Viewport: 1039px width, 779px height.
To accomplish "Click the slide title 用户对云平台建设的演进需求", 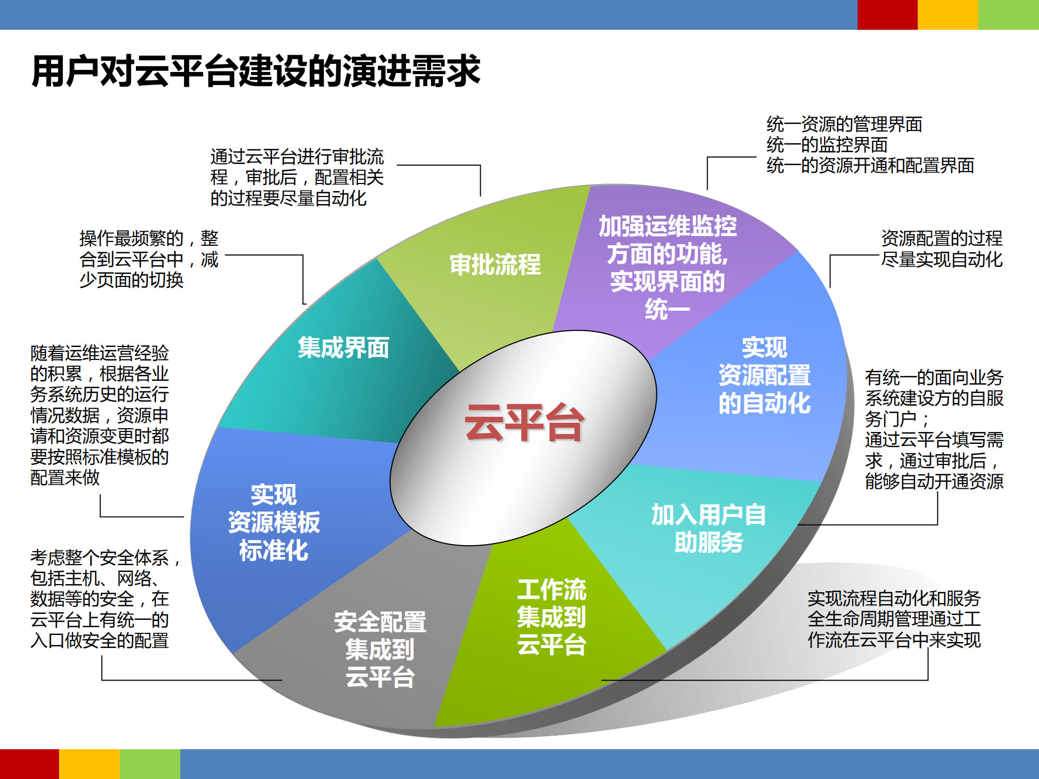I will coord(256,71).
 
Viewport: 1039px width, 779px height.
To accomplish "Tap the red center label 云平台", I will coord(524,422).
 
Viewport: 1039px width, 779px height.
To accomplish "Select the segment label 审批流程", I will coord(495,265).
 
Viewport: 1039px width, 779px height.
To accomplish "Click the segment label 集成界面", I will coord(343,348).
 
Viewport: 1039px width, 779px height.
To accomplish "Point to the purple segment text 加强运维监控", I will coord(667,226).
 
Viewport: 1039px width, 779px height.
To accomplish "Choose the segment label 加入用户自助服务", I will coord(708,528).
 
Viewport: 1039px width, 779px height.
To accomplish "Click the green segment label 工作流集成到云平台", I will coord(551,617).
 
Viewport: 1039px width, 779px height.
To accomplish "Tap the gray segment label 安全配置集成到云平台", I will coord(380,649).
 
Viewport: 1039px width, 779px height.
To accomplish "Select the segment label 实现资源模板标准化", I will coord(273,522).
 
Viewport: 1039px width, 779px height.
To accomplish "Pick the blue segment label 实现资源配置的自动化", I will coord(764,375).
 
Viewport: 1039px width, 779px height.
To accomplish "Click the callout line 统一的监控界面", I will coord(827,145).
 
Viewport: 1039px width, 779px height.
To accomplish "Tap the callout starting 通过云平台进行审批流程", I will coord(297,178).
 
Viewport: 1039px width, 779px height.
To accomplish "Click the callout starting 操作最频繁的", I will coord(149,259).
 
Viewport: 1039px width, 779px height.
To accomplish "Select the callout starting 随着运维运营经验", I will coord(100,415).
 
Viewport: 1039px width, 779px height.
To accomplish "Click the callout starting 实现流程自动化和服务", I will coord(893,619).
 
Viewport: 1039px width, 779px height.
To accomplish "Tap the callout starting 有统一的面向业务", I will coord(933,429).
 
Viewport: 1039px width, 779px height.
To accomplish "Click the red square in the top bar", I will coord(887,15).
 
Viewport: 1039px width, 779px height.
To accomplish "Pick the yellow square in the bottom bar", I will coord(89,764).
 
